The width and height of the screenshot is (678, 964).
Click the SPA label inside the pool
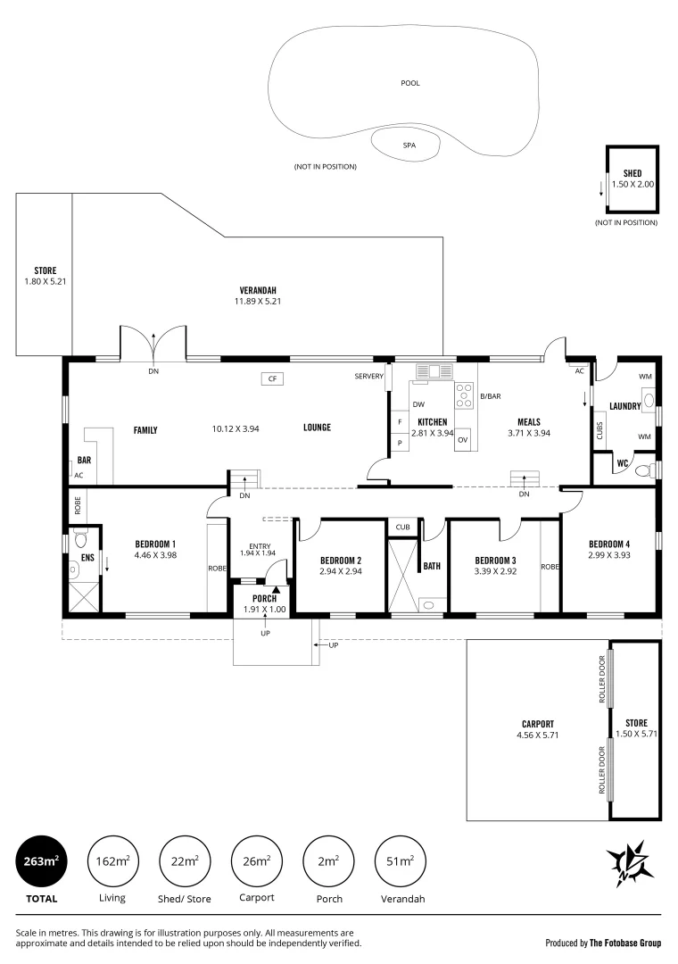[409, 145]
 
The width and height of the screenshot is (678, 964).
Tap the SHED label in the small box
[633, 173]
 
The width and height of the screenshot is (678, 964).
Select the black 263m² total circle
[37, 861]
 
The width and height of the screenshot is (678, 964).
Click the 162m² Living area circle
[112, 861]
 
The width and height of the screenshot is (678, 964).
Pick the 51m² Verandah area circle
[400, 861]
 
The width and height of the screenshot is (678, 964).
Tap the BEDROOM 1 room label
[155, 544]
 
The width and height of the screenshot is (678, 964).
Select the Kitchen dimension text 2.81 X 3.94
[432, 433]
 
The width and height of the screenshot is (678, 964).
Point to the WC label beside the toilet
[623, 463]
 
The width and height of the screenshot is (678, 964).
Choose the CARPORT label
[538, 724]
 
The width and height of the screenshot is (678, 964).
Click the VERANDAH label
[259, 290]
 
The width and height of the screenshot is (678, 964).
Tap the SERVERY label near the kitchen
[368, 377]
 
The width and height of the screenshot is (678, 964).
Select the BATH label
[432, 565]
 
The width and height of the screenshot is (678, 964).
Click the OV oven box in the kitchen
[462, 440]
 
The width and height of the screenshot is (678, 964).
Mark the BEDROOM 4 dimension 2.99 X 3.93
[609, 554]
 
